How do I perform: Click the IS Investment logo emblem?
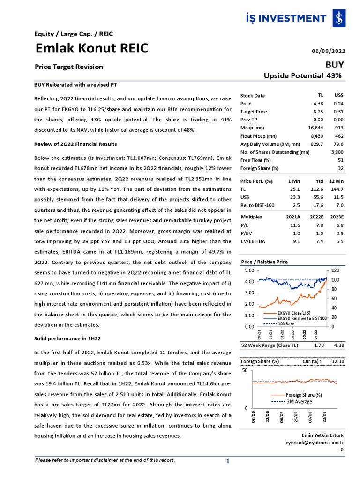click(x=338, y=19)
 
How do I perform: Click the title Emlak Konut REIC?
click(x=92, y=48)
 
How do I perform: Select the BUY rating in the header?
click(x=335, y=65)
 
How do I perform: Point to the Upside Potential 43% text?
click(x=302, y=75)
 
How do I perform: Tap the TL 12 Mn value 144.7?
click(x=337, y=189)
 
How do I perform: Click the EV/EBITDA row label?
click(x=254, y=241)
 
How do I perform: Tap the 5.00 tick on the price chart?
click(x=248, y=270)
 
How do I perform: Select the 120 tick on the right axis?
click(x=336, y=270)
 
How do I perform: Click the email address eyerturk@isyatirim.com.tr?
click(x=315, y=442)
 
